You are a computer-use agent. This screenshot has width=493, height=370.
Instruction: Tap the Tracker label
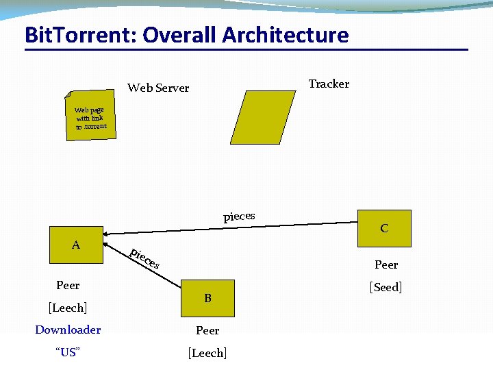329,84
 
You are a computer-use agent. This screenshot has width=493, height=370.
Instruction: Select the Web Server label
158,88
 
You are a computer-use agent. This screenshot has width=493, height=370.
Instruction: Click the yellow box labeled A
76,245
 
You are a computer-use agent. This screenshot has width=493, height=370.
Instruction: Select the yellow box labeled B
207,298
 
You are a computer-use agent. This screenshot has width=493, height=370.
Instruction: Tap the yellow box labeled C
384,228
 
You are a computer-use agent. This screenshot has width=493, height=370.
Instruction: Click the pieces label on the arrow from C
239,217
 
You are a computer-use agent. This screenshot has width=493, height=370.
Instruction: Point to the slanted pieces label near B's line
145,258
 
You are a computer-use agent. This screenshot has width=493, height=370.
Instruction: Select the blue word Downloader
68,330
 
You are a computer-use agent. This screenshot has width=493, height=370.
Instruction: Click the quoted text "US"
68,352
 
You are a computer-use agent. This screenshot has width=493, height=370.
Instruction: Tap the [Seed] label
385,287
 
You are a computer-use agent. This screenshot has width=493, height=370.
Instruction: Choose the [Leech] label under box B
207,353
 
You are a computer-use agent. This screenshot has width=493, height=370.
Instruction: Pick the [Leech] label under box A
68,308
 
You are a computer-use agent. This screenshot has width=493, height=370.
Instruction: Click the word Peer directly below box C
386,264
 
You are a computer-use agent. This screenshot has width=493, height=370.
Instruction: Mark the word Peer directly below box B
207,330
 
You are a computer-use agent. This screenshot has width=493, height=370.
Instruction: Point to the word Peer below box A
68,285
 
